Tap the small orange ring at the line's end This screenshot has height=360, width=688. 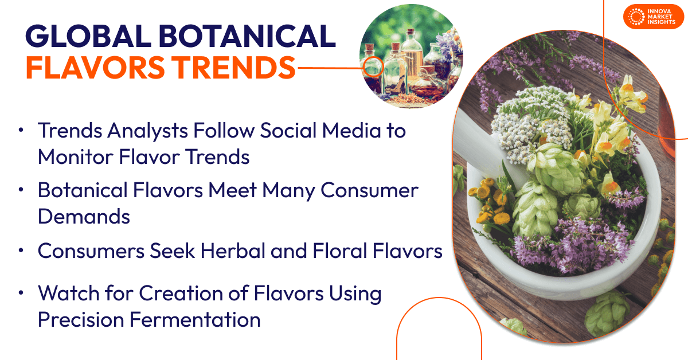(370, 68)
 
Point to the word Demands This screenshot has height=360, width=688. (84, 216)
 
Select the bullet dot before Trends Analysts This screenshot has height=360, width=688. (22, 131)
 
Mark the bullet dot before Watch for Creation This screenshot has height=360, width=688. (22, 294)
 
